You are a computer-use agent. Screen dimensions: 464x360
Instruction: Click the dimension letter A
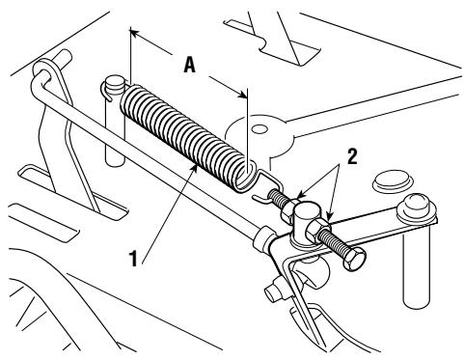click(190, 65)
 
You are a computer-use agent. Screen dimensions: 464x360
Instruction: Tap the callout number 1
click(133, 259)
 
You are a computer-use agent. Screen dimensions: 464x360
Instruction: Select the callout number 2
click(352, 157)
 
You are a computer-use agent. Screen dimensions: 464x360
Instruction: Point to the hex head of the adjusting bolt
click(354, 259)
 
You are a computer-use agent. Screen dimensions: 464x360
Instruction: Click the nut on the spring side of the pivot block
click(289, 208)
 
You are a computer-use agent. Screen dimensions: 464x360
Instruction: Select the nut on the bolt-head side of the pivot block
click(317, 229)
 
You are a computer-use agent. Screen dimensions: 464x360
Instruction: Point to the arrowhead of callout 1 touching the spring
click(195, 167)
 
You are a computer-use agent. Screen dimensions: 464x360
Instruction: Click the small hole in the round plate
click(259, 129)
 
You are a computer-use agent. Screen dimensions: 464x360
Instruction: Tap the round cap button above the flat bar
click(392, 180)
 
